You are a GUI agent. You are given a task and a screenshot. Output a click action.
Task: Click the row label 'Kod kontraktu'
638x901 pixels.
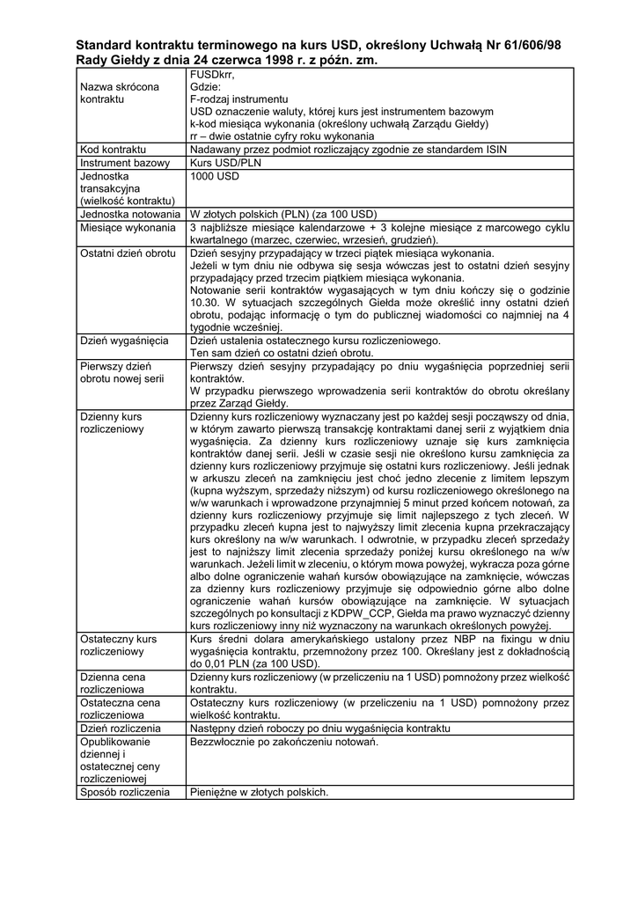point(113,150)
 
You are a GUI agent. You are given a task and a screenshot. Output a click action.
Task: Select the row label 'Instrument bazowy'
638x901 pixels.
point(124,163)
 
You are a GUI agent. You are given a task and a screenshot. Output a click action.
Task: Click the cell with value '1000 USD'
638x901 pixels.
point(215,176)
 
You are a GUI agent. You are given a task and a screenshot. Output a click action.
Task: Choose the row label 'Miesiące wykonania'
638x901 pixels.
point(128,227)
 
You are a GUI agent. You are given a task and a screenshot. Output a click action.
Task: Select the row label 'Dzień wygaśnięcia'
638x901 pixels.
point(124,340)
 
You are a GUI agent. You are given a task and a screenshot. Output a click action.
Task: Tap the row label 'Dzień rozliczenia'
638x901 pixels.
point(120,729)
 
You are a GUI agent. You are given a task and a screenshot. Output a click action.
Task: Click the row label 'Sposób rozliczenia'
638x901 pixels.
point(124,792)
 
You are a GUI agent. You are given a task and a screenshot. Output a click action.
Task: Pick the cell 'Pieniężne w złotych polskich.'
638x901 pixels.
point(259,792)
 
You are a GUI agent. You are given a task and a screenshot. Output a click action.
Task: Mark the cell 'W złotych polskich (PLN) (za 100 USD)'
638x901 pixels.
point(283,214)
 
